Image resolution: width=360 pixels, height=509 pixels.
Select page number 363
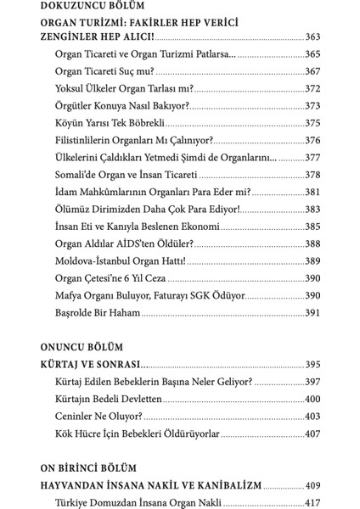point(314,38)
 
